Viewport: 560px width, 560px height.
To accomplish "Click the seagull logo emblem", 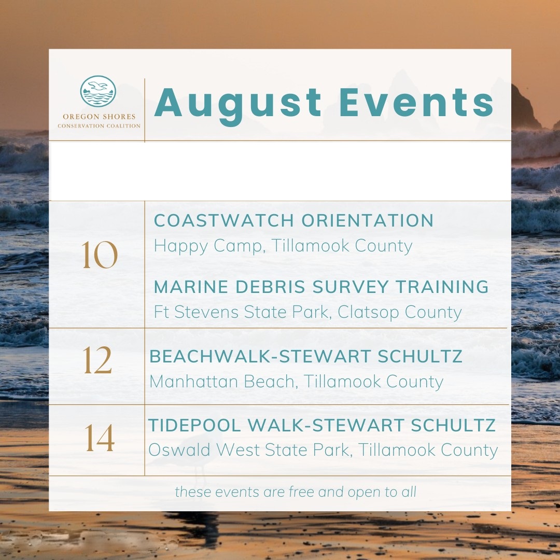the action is pyautogui.click(x=98, y=91).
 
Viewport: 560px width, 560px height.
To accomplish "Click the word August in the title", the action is pyautogui.click(x=238, y=104).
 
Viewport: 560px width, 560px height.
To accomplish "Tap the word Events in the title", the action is pyautogui.click(x=416, y=103).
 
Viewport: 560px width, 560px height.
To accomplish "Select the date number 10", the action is pyautogui.click(x=99, y=254).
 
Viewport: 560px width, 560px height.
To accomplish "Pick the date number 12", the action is pyautogui.click(x=97, y=360).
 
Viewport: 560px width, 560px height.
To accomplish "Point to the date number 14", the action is pyautogui.click(x=100, y=438).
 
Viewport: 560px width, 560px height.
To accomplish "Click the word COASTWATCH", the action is pyautogui.click(x=224, y=220).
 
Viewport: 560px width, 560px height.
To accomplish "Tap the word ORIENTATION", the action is pyautogui.click(x=368, y=220).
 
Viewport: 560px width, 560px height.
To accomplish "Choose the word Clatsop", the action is pyautogui.click(x=368, y=313).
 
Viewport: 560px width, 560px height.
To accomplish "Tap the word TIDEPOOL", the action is pyautogui.click(x=194, y=425).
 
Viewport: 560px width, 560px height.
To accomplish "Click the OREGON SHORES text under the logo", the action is pyautogui.click(x=99, y=117).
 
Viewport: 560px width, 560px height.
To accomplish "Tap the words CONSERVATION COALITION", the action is pyautogui.click(x=99, y=125).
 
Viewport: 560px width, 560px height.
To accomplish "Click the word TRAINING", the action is pyautogui.click(x=442, y=287).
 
